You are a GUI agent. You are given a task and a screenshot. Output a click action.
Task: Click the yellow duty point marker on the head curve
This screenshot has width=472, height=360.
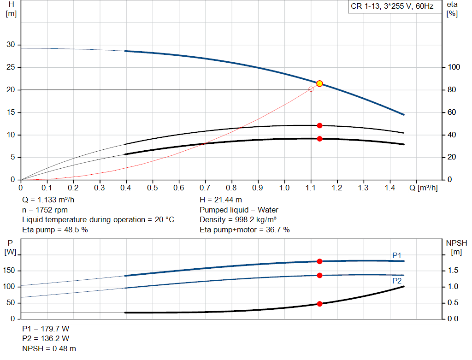(319, 83)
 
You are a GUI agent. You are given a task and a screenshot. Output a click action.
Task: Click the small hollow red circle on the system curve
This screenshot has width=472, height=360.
(311, 89)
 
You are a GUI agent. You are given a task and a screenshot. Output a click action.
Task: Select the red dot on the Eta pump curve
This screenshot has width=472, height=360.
(319, 125)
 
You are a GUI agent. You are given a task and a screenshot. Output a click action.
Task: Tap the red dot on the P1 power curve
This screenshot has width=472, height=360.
(319, 261)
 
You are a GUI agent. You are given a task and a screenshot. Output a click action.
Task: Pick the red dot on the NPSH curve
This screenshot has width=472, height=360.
(319, 304)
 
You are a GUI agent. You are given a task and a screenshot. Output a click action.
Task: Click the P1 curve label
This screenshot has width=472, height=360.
(397, 255)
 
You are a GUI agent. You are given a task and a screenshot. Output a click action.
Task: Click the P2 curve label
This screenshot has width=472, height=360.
(397, 280)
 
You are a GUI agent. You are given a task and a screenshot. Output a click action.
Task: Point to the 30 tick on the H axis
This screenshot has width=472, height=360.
(11, 45)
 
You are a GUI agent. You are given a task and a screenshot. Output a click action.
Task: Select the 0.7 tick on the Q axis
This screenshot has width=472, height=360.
(205, 188)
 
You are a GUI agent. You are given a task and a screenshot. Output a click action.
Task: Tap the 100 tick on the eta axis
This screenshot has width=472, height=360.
(454, 67)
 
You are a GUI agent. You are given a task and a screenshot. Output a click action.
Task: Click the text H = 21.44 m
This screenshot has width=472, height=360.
(221, 200)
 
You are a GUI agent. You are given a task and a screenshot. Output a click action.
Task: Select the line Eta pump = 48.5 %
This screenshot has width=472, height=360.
(55, 230)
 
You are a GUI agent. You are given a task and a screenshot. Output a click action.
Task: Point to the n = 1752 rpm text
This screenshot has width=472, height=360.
(45, 210)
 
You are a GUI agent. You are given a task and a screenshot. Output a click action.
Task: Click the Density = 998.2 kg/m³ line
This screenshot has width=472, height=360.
(238, 219)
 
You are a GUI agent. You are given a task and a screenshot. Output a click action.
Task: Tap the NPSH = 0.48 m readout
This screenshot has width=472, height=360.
(49, 349)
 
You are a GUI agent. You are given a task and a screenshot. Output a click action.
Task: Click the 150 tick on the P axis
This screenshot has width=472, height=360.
(11, 271)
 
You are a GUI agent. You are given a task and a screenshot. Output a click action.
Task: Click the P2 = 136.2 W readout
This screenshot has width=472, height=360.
(46, 339)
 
